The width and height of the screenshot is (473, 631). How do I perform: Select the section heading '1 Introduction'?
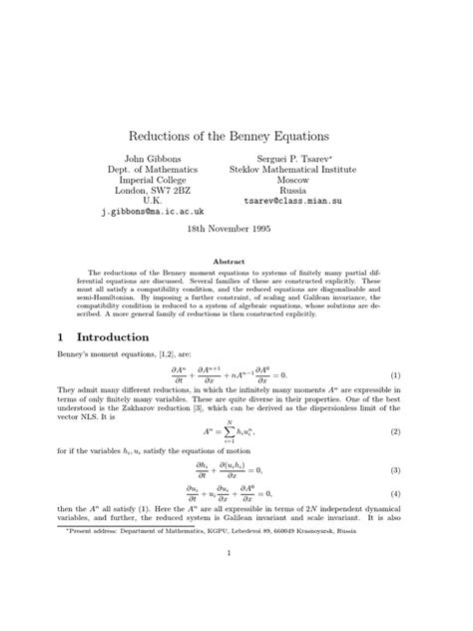(99, 338)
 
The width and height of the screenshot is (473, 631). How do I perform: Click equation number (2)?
(395, 431)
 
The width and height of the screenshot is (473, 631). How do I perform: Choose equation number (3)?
(395, 469)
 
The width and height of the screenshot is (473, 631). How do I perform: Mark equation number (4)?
(395, 493)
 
